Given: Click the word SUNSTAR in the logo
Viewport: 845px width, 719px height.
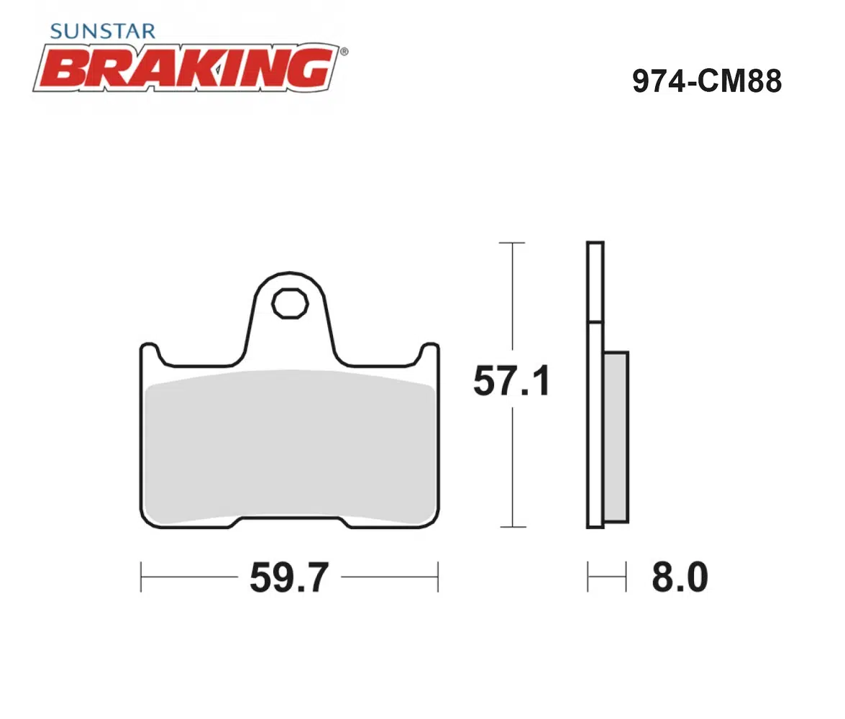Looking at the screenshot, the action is click(102, 31).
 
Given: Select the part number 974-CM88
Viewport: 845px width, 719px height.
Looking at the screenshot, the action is click(706, 81).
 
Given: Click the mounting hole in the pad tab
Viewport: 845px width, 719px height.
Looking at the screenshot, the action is click(290, 304).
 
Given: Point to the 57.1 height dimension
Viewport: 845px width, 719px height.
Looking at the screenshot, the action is click(511, 380).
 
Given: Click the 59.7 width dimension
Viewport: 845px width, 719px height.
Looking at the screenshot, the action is click(289, 577).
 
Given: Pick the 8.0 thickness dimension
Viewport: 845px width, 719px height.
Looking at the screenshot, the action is click(680, 577).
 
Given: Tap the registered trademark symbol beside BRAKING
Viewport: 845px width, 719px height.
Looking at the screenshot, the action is click(344, 52).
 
